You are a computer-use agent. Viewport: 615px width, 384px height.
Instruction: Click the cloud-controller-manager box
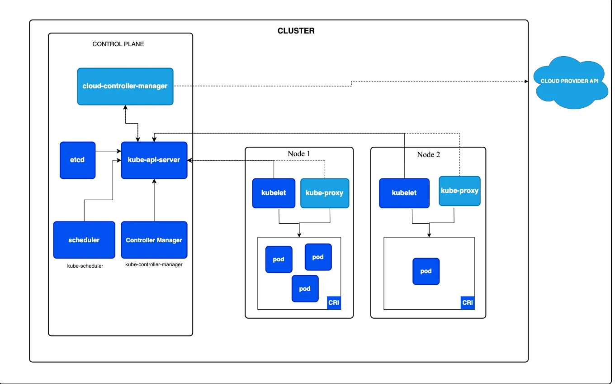point(125,86)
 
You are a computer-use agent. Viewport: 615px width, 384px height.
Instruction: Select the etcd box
point(77,160)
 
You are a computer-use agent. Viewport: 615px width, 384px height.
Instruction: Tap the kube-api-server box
point(154,160)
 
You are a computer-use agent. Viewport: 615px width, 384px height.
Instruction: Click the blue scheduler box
point(84,240)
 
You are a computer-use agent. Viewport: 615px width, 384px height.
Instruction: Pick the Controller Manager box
point(154,240)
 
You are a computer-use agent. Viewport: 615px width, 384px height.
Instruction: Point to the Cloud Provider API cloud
point(569,81)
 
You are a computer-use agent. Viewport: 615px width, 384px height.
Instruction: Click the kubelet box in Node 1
point(274,193)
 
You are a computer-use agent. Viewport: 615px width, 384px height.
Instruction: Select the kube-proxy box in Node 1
point(324,193)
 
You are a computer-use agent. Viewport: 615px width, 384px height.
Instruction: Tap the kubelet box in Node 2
point(404,193)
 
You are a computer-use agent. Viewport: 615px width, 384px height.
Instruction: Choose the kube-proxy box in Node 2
point(459,191)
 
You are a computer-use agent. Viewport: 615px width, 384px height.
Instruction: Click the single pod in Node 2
point(426,271)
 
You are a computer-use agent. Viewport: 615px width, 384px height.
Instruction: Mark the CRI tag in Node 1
point(334,302)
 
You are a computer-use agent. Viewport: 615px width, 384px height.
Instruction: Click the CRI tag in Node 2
point(468,302)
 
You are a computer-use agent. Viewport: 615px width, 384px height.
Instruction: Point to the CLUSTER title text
point(296,31)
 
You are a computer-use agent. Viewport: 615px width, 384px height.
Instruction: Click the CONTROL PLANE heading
point(118,44)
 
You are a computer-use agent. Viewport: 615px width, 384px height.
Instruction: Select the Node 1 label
point(299,154)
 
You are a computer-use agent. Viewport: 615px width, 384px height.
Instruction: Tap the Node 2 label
point(428,154)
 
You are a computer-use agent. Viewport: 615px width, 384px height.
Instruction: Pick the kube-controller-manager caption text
point(154,264)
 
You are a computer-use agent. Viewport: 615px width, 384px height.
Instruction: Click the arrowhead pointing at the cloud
point(526,82)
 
